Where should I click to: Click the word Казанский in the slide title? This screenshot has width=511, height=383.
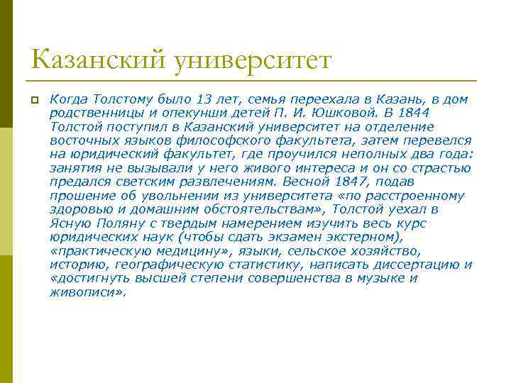(96, 60)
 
